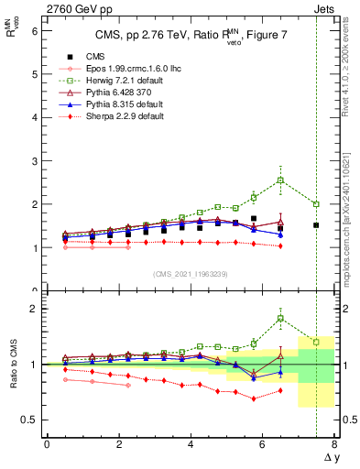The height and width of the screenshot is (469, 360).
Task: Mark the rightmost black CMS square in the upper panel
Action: click(x=316, y=225)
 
